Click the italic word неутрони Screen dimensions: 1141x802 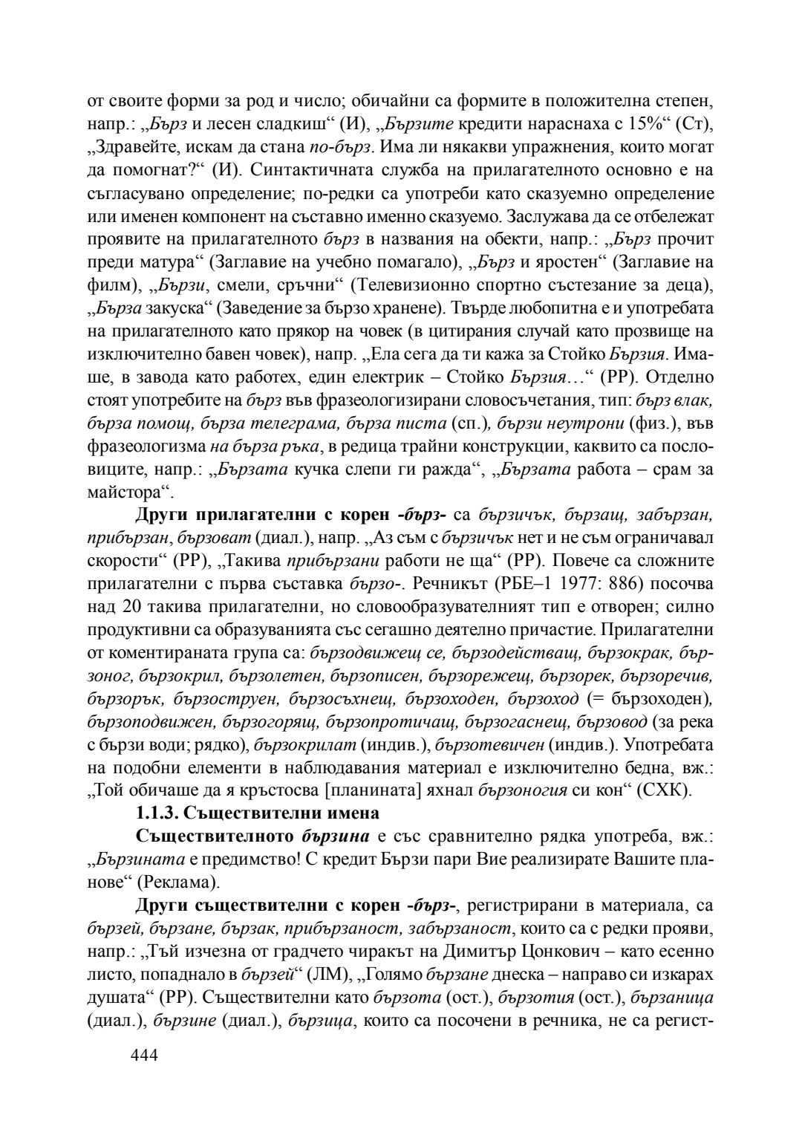pyautogui.click(x=561, y=423)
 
